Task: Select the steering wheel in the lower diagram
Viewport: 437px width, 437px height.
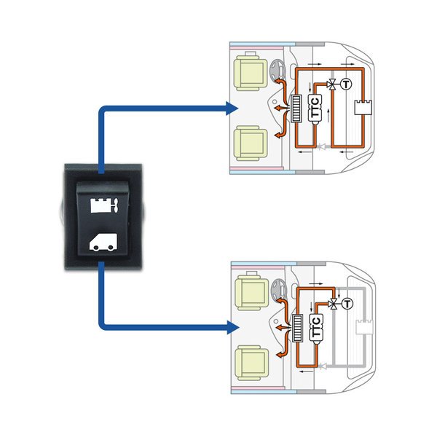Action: coord(277,289)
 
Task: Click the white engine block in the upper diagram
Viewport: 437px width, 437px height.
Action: coord(362,109)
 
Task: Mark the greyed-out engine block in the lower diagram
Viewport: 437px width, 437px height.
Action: coord(362,326)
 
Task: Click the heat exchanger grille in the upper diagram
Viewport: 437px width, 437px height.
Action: coord(296,111)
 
